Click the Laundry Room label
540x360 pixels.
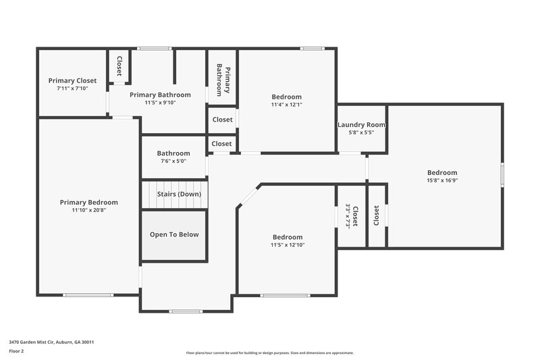pos(361,124)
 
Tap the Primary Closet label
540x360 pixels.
pos(72,80)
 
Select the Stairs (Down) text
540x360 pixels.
pos(179,194)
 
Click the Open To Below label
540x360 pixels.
pos(174,234)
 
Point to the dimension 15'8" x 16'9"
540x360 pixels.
pos(442,180)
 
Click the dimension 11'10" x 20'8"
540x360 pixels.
pos(88,210)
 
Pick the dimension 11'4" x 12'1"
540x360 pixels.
pos(286,105)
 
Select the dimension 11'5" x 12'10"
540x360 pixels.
pos(287,245)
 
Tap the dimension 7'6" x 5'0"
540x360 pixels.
pos(173,161)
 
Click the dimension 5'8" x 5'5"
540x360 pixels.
pos(361,132)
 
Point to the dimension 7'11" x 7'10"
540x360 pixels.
pos(72,88)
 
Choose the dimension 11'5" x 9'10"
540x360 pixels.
pos(160,103)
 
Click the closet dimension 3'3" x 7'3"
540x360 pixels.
pos(348,216)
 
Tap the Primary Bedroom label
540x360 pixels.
pos(88,202)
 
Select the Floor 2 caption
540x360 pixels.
pos(16,351)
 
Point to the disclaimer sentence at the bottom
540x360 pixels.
pos(269,353)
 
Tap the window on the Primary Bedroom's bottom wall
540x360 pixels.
pos(88,294)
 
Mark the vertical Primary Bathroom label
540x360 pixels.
pos(223,80)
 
